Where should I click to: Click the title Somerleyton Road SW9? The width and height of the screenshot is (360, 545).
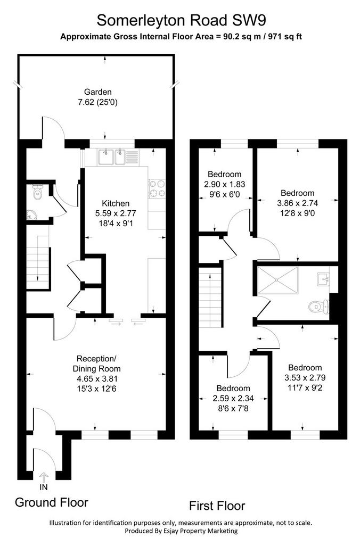pyautogui.click(x=181, y=20)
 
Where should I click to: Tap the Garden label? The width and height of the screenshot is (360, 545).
pyautogui.click(x=98, y=92)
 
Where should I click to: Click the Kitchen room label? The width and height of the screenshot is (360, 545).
pyautogui.click(x=116, y=203)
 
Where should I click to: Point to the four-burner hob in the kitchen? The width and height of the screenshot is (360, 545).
pyautogui.click(x=157, y=188)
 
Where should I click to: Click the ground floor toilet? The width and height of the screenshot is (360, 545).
pyautogui.click(x=37, y=192)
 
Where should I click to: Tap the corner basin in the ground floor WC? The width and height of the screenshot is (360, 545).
pyautogui.click(x=31, y=215)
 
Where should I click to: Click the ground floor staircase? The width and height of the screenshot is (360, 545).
pyautogui.click(x=38, y=263)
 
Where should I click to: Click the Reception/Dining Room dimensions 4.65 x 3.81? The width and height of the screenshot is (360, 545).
pyautogui.click(x=97, y=379)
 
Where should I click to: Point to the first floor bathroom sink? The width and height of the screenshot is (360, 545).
pyautogui.click(x=323, y=279)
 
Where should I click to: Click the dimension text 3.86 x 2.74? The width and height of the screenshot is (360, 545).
pyautogui.click(x=297, y=203)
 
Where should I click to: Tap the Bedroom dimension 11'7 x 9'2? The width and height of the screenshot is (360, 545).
pyautogui.click(x=305, y=387)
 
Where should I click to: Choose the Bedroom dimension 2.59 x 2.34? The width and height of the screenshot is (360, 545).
pyautogui.click(x=233, y=398)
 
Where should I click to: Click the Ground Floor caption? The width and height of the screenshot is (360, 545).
pyautogui.click(x=52, y=502)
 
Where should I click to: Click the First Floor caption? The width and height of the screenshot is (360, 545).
pyautogui.click(x=217, y=506)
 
